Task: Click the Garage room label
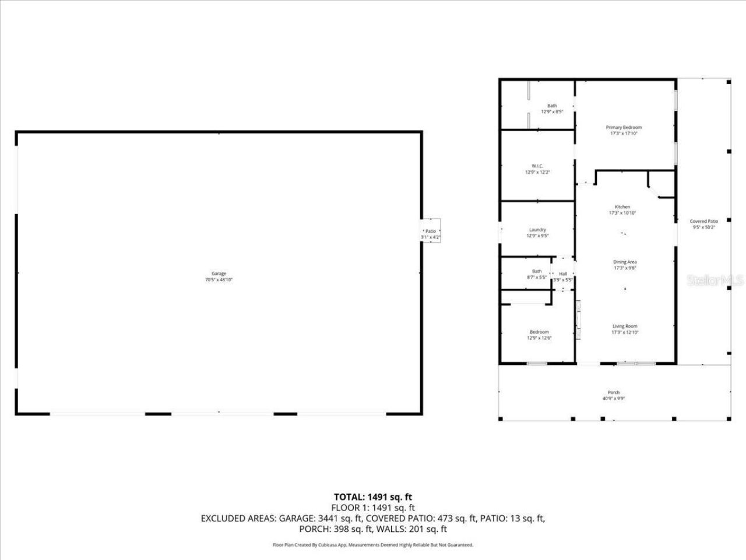pyautogui.click(x=219, y=274)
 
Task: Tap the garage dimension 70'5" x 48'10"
pyautogui.click(x=219, y=280)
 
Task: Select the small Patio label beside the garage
pyautogui.click(x=431, y=232)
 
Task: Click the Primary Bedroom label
pyautogui.click(x=624, y=127)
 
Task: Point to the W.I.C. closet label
pyautogui.click(x=537, y=166)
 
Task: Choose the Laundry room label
pyautogui.click(x=537, y=229)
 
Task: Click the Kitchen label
pyautogui.click(x=622, y=207)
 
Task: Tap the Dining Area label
pyautogui.click(x=625, y=262)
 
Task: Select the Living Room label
pyautogui.click(x=625, y=326)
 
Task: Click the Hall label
pyautogui.click(x=563, y=274)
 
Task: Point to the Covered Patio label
pyautogui.click(x=704, y=221)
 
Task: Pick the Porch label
pyautogui.click(x=614, y=393)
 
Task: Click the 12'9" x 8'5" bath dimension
pyautogui.click(x=552, y=111)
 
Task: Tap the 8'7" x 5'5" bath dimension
pyautogui.click(x=537, y=277)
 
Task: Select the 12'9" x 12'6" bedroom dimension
pyautogui.click(x=539, y=338)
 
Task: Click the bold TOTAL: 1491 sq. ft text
pyautogui.click(x=372, y=497)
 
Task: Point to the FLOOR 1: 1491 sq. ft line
pyautogui.click(x=372, y=508)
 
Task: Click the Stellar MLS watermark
pyautogui.click(x=715, y=281)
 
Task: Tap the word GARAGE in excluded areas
pyautogui.click(x=297, y=518)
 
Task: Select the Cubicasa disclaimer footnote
pyautogui.click(x=373, y=545)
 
